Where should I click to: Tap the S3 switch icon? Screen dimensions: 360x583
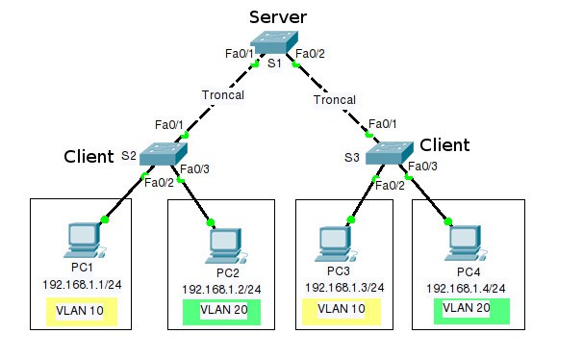pyautogui.click(x=389, y=152)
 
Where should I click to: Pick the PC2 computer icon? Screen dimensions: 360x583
pyautogui.click(x=223, y=246)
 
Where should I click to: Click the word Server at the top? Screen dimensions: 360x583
pyautogui.click(x=277, y=16)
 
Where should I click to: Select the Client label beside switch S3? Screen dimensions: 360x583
pyautogui.click(x=444, y=145)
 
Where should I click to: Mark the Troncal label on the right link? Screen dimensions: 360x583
pyautogui.click(x=335, y=100)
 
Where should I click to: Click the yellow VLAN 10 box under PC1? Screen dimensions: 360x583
pyautogui.click(x=82, y=311)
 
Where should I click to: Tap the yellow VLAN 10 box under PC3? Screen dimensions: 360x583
pyautogui.click(x=342, y=310)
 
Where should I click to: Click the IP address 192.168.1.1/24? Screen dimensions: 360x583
pyautogui.click(x=82, y=285)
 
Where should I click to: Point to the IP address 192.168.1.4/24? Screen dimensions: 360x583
pyautogui.click(x=466, y=288)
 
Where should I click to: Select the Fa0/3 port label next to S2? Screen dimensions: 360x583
pyautogui.click(x=193, y=169)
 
